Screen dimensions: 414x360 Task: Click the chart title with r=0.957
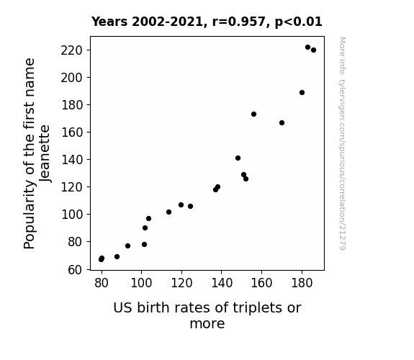tap(207, 22)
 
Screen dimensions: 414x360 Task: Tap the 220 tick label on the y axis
tap(72, 50)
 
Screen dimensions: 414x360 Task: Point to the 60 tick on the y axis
tap(89, 270)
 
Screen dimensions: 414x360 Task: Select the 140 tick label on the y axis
tap(72, 160)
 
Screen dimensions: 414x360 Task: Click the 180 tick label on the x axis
tap(302, 283)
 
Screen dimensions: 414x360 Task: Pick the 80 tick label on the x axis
tap(102, 283)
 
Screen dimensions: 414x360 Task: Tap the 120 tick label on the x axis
tap(181, 283)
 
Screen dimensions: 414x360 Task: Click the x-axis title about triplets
tap(207, 315)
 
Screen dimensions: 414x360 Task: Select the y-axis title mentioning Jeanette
tap(37, 153)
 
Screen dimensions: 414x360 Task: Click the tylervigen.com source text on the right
tap(342, 143)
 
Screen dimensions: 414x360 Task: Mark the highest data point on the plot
tap(307, 48)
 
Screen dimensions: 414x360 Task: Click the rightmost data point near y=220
tap(313, 50)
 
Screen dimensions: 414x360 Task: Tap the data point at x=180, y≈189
tap(302, 92)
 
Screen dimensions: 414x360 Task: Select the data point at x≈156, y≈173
tap(253, 114)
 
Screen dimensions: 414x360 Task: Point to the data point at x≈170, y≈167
tap(282, 122)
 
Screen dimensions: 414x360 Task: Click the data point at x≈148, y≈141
tap(238, 158)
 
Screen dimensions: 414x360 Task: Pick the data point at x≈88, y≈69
tap(117, 256)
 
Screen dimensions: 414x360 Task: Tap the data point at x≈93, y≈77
tap(127, 246)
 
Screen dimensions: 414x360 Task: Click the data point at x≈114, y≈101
tap(168, 212)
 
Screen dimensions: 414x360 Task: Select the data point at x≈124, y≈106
tap(190, 206)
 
